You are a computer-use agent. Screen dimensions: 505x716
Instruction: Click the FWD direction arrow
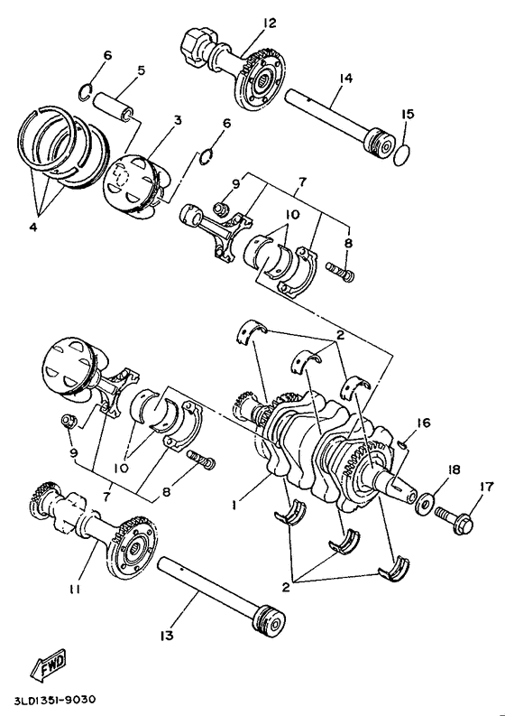[x=49, y=665]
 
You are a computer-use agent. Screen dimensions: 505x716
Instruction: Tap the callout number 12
[x=270, y=23]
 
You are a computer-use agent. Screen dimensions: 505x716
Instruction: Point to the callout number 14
[x=346, y=79]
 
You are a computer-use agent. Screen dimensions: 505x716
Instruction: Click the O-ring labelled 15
[x=401, y=154]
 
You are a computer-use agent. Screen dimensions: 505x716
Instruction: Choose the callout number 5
[x=141, y=70]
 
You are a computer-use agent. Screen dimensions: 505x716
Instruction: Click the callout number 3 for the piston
[x=178, y=120]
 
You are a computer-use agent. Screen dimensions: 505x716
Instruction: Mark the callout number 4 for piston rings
[x=32, y=228]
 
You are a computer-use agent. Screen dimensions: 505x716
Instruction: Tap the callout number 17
[x=487, y=488]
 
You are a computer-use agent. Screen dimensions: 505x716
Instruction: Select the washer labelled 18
[x=424, y=504]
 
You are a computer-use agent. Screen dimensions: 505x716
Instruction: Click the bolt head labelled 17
[x=463, y=524]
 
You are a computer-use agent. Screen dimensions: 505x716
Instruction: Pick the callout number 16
[x=423, y=423]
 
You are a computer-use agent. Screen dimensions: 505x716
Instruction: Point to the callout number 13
[x=167, y=635]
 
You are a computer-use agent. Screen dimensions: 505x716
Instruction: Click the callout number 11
[x=75, y=590]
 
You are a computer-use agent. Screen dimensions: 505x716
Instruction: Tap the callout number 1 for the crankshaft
[x=234, y=505]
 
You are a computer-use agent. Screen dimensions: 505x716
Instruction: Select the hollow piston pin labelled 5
[x=114, y=107]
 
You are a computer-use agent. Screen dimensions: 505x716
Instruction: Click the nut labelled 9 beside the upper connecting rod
[x=223, y=208]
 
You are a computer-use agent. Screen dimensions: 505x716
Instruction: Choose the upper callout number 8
[x=348, y=243]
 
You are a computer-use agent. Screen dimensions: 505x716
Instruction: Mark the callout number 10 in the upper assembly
[x=292, y=214]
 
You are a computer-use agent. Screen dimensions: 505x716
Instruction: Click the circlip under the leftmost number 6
[x=85, y=91]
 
